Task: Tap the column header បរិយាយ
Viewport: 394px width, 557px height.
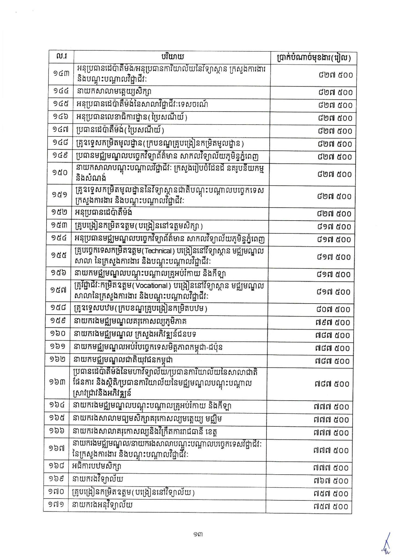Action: click(172, 57)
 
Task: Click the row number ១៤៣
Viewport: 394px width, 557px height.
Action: click(61, 74)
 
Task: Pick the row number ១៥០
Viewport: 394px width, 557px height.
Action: click(60, 173)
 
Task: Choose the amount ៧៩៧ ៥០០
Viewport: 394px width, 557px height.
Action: click(333, 323)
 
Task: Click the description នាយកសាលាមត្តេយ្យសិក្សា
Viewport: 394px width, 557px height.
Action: click(112, 92)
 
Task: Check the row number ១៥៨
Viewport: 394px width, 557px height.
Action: click(58, 309)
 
